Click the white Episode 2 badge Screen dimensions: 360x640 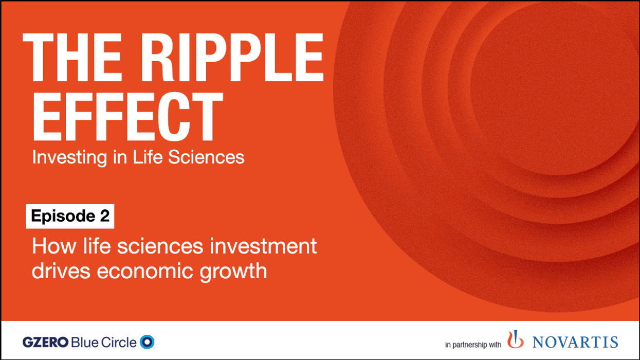click(70, 216)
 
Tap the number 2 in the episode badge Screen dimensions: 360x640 click(104, 216)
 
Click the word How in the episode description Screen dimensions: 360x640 click(50, 246)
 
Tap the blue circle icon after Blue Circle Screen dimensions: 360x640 click(148, 341)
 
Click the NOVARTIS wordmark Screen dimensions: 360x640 click(575, 342)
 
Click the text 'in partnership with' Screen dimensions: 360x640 click(473, 345)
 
